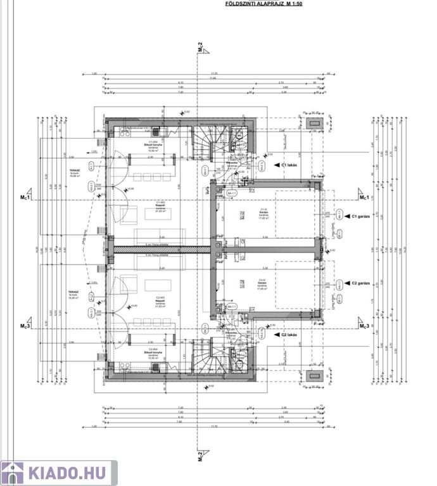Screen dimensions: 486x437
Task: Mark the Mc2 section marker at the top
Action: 200,47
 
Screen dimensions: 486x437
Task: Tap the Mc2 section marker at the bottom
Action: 200,456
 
